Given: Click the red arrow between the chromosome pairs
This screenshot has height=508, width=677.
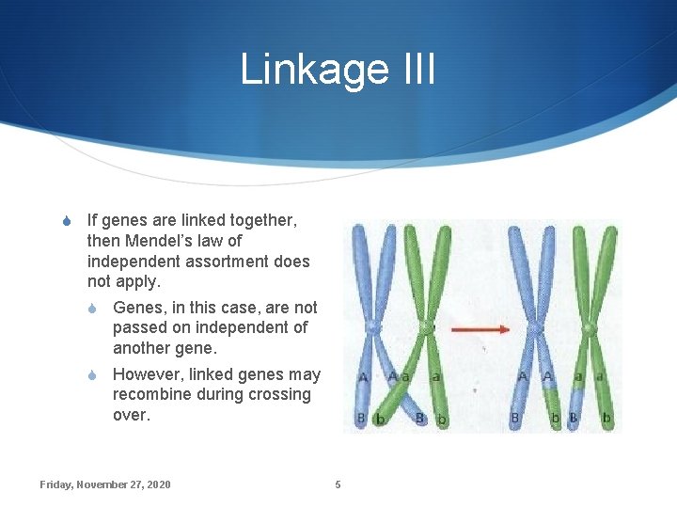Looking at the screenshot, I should click(480, 330).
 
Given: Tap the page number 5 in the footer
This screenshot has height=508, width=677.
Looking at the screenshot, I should click(338, 484).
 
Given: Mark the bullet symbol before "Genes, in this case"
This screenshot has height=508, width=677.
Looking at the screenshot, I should click(92, 309).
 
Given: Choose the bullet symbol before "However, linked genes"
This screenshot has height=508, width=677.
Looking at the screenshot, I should click(92, 375).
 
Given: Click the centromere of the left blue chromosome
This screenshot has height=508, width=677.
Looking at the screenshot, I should click(374, 327).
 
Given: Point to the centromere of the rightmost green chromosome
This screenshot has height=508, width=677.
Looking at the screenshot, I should click(590, 328).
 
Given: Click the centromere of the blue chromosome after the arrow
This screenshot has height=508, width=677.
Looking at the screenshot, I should click(534, 328).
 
